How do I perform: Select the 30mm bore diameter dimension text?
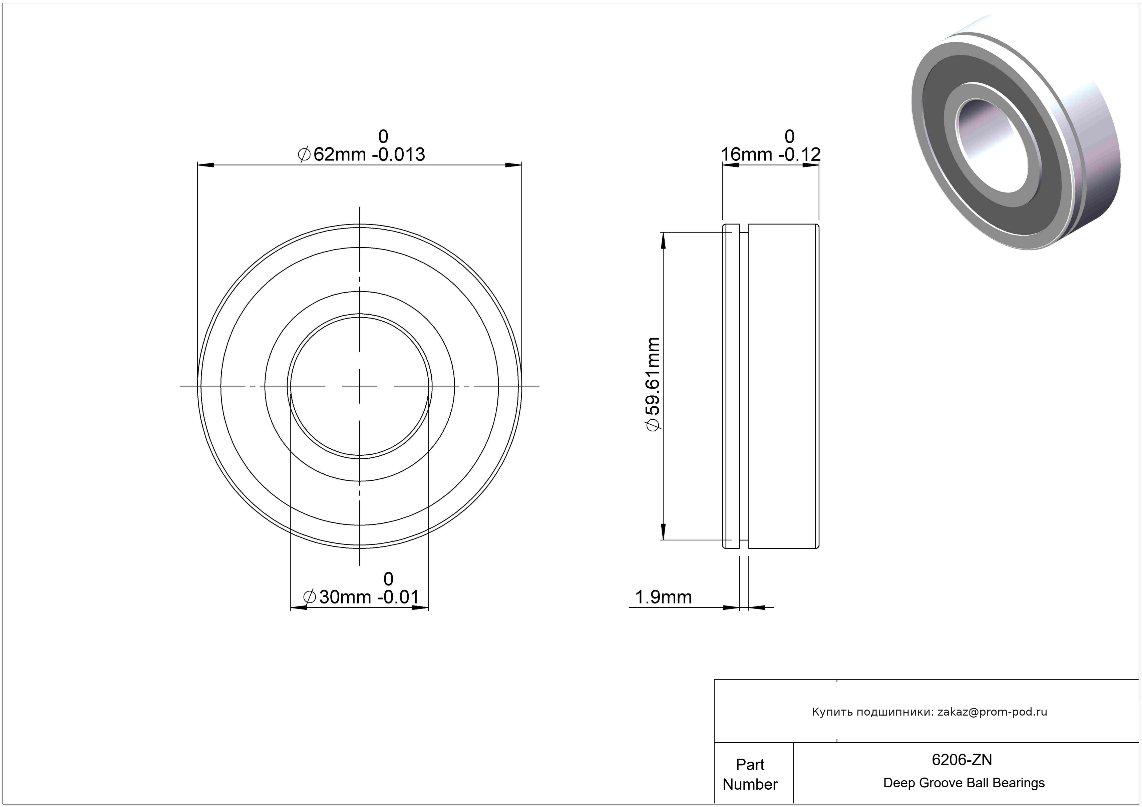(361, 597)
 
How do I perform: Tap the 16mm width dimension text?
(770, 155)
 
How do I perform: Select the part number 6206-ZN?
(962, 759)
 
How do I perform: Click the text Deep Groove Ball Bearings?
(964, 783)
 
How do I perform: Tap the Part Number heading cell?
(750, 774)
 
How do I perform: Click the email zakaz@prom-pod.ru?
(992, 712)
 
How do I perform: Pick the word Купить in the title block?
(830, 712)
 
